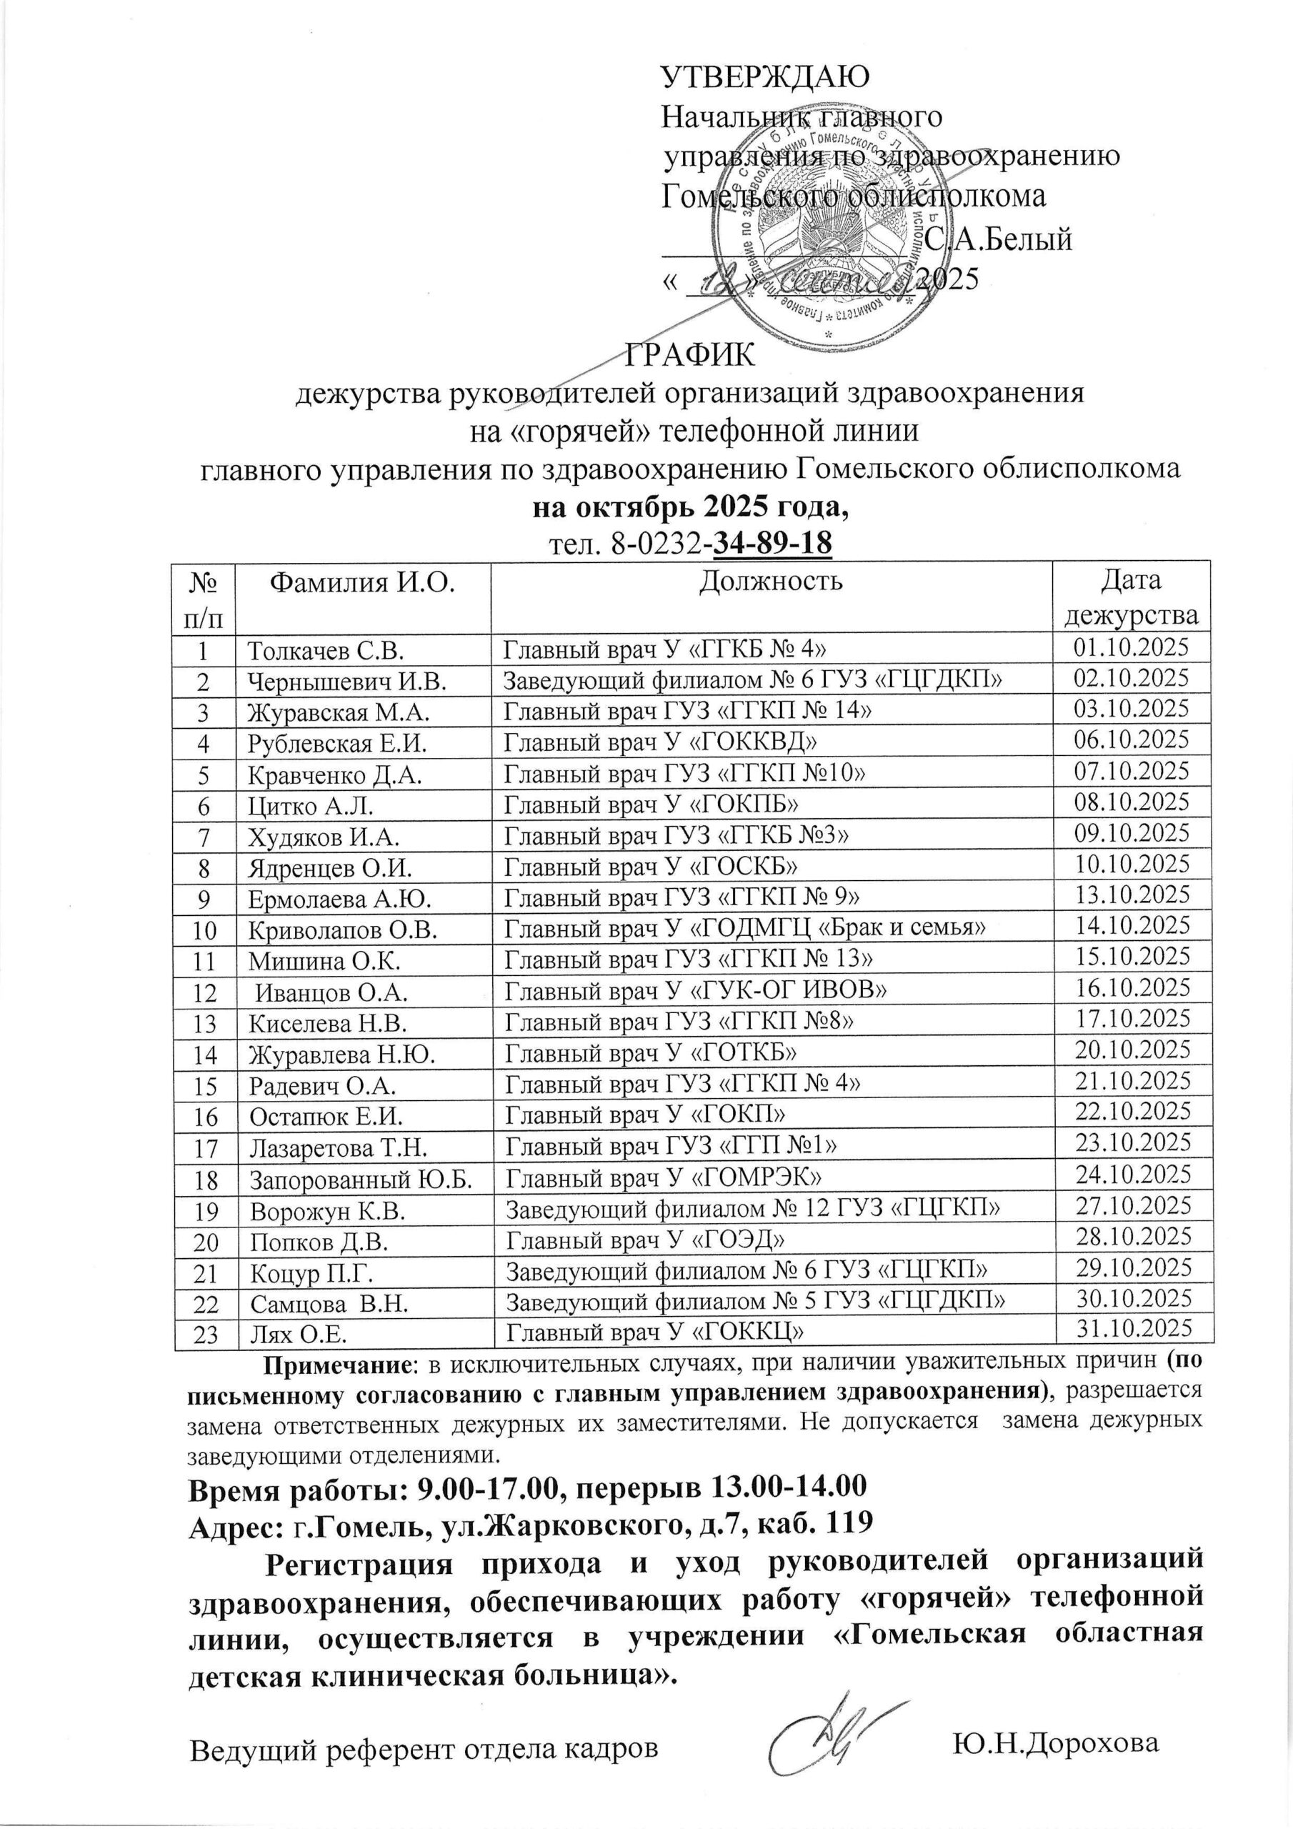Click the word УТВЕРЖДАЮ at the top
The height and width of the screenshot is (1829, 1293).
[767, 76]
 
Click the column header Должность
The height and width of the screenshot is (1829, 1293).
[770, 582]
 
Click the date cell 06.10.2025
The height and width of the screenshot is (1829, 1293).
[1132, 740]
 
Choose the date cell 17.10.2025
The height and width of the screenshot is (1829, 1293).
[1133, 1018]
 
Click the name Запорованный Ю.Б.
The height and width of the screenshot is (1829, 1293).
[360, 1177]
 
